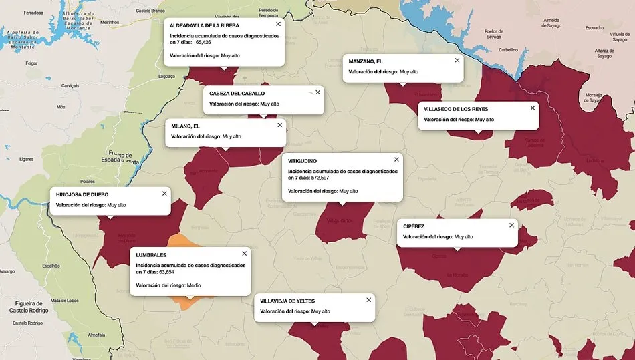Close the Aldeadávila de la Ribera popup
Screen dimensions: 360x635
(278, 24)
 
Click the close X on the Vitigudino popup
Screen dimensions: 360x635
(396, 160)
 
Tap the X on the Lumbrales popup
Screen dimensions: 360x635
(244, 254)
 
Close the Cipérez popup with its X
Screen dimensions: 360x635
(511, 225)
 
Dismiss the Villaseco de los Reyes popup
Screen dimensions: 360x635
(533, 107)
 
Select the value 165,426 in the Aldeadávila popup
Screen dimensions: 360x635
(202, 42)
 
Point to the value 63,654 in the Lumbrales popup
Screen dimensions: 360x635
(166, 273)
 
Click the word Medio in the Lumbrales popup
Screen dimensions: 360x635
(194, 285)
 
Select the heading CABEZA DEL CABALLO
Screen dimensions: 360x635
(237, 93)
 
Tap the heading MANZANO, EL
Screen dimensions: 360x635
(366, 61)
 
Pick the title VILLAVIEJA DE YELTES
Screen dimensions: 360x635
(287, 301)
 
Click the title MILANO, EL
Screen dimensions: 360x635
(185, 126)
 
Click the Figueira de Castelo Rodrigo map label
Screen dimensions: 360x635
(30, 307)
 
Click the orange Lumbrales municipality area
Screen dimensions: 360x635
(180, 244)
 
